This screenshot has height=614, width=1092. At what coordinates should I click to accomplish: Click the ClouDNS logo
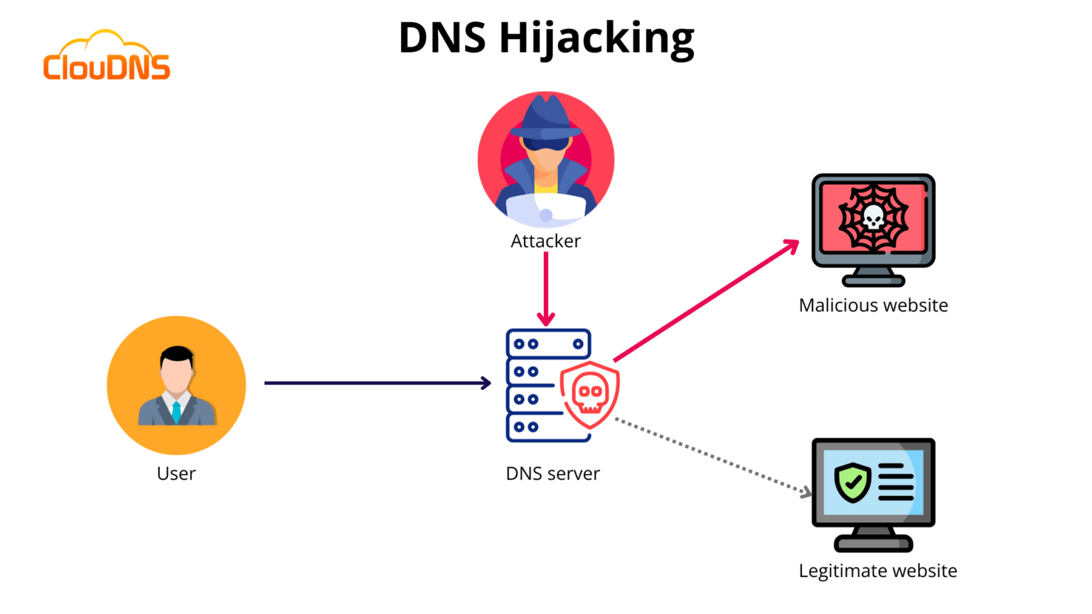[x=107, y=57]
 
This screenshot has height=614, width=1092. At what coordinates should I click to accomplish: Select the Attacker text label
[x=545, y=241]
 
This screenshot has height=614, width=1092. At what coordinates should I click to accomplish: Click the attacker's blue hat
[x=546, y=118]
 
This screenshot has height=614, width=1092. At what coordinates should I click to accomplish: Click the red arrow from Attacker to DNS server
[x=546, y=288]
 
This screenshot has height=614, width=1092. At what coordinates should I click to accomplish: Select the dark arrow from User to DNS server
[x=377, y=383]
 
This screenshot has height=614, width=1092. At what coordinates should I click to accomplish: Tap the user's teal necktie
[x=176, y=411]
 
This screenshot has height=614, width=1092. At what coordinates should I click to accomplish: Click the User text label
[x=176, y=473]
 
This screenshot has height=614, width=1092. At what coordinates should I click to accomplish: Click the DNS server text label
[x=552, y=473]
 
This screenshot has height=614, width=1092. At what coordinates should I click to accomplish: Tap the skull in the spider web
[x=873, y=217]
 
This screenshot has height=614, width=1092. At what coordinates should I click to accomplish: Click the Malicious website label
[x=873, y=305]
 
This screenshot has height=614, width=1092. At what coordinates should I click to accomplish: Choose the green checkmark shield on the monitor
[x=852, y=483]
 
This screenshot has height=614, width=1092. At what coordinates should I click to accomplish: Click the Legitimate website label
[x=877, y=571]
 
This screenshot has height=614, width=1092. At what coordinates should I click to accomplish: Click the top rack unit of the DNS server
[x=548, y=344]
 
